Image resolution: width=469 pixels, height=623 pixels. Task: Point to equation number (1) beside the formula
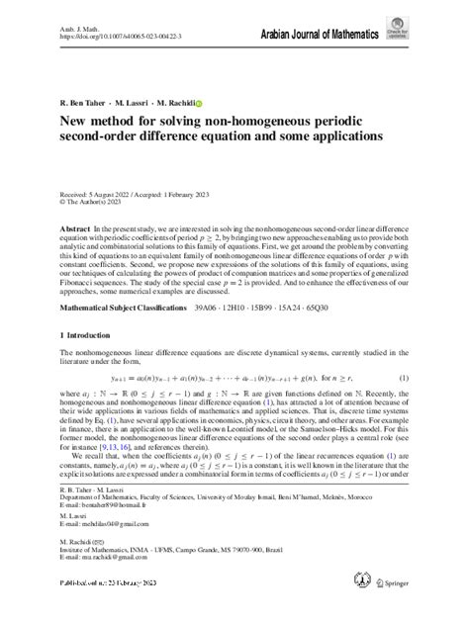(x=404, y=404)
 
